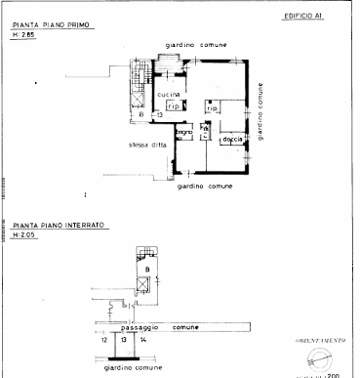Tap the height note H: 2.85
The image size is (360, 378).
point(24,35)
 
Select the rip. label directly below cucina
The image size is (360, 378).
point(172,105)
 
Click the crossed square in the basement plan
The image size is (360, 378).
point(144,284)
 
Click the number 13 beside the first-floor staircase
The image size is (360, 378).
point(159,114)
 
